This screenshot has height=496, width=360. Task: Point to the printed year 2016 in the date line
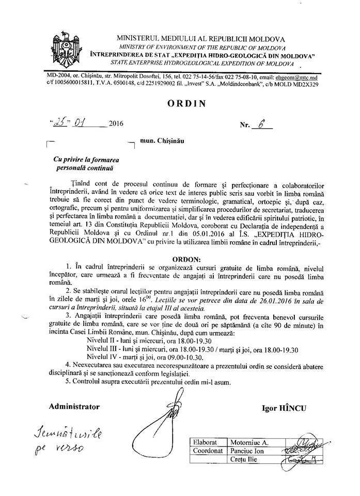coord(117,125)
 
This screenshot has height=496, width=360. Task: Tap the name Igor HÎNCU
coord(284,408)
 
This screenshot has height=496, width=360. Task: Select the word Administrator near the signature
coord(73,407)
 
